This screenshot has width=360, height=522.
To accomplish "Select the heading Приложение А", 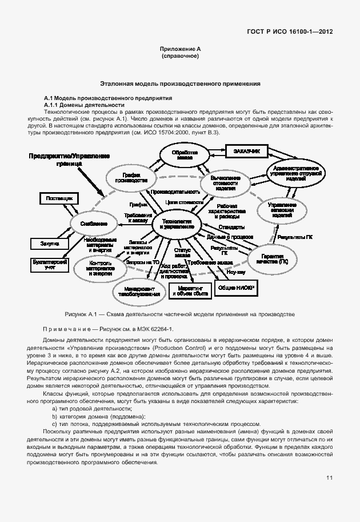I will [x=180, y=50].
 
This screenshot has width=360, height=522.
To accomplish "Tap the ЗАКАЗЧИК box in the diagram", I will [x=246, y=152].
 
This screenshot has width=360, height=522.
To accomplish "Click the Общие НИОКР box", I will [x=235, y=290].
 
